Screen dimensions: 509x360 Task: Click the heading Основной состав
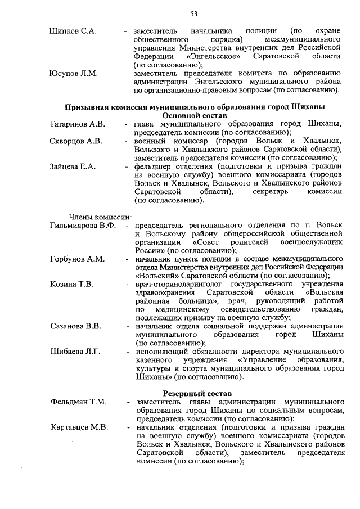tap(194, 115)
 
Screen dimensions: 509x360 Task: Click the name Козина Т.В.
tap(71, 284)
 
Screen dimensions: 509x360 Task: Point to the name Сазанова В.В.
tap(75, 326)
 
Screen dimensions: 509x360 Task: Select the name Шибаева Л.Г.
tap(75, 352)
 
